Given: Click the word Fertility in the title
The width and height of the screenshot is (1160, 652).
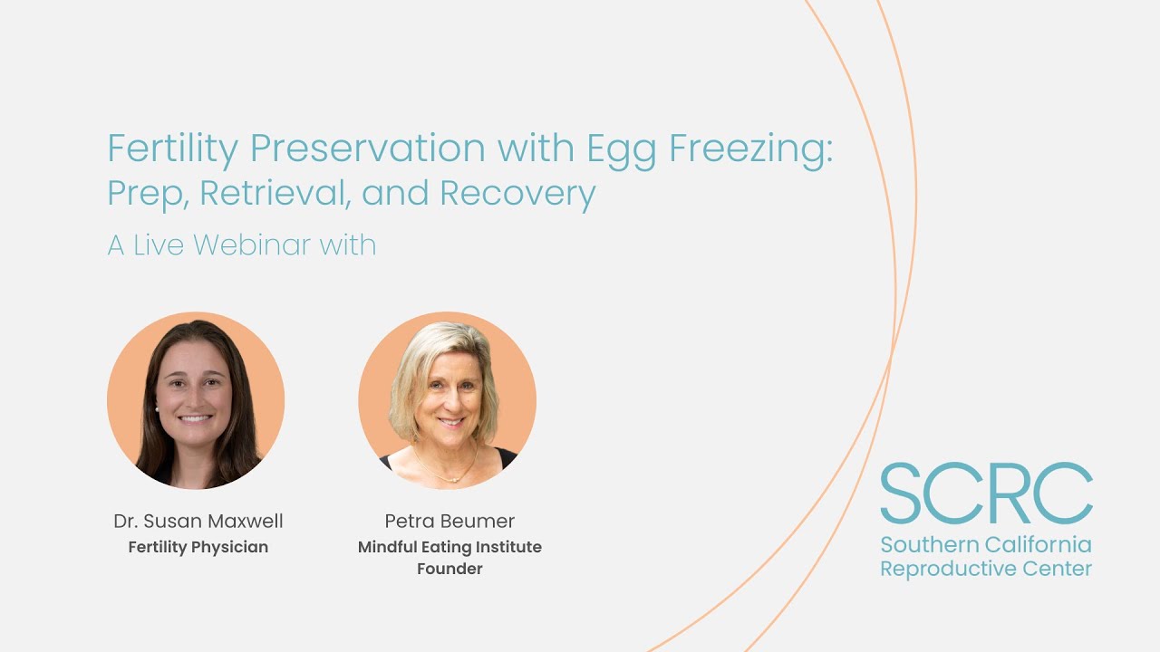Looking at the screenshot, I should click(171, 148).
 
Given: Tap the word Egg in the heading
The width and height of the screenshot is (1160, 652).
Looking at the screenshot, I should click(622, 148).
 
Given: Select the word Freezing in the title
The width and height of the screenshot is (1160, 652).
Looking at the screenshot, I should click(751, 148).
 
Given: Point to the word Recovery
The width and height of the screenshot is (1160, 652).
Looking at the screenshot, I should click(517, 193).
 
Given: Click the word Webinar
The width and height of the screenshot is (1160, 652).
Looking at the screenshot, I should click(252, 244).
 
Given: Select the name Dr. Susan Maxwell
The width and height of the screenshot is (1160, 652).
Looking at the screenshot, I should click(198, 521).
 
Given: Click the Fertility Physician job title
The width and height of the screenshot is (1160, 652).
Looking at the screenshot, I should click(198, 547).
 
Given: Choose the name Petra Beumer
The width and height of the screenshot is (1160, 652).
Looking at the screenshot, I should click(449, 521).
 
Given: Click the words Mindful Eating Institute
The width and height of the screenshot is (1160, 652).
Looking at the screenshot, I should click(449, 547).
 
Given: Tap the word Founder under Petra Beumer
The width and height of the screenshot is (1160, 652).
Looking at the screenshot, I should click(449, 569).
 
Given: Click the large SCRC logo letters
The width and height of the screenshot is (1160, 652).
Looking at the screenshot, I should click(986, 494).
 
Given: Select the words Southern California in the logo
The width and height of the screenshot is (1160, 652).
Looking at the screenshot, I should click(986, 545).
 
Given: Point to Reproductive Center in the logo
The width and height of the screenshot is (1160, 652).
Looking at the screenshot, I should click(986, 569).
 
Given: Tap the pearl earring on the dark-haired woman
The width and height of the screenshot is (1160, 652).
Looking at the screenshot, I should click(158, 408).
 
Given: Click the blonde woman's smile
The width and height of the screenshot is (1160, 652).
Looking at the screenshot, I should click(450, 421).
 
